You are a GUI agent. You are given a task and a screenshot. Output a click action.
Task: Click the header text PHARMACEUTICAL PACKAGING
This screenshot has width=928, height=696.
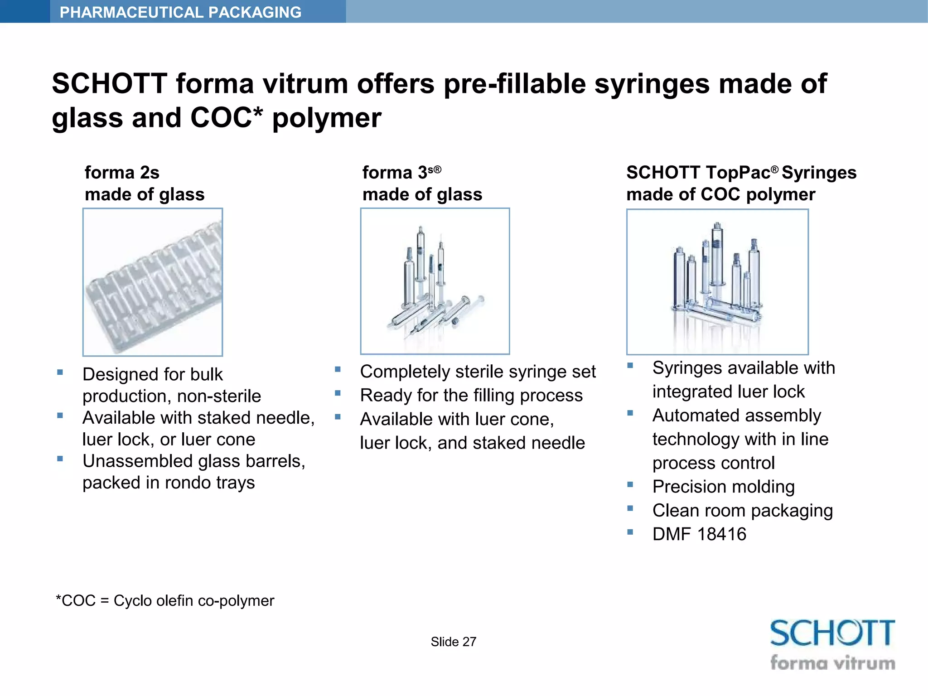[x=180, y=12]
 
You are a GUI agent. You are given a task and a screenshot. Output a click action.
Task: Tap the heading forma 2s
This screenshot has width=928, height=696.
[x=122, y=173]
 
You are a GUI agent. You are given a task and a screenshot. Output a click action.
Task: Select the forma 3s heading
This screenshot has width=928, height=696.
[x=401, y=172]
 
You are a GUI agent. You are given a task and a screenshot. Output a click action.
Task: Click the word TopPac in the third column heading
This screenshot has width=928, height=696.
[x=741, y=173]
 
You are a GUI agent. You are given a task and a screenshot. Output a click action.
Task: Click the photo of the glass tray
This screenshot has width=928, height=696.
[x=153, y=282]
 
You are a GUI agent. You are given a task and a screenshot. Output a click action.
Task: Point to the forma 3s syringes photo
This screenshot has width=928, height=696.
[x=435, y=281]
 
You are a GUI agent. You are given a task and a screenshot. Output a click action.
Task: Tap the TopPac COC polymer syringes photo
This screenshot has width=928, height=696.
[x=717, y=282]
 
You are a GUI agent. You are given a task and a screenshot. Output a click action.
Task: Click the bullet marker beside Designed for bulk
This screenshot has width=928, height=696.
[x=60, y=372]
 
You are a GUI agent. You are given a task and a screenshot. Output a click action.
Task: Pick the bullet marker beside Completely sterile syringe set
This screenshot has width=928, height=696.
[x=338, y=369]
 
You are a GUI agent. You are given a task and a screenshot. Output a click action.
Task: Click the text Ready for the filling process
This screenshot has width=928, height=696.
[x=471, y=395]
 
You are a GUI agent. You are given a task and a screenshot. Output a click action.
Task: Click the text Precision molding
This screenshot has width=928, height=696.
[x=723, y=487]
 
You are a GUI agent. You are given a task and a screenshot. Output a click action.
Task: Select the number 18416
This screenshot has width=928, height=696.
[x=722, y=534]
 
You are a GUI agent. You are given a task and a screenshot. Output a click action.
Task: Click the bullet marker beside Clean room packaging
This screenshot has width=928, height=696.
[x=630, y=508]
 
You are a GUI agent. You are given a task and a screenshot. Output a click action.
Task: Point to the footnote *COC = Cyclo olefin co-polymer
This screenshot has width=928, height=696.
[x=165, y=600]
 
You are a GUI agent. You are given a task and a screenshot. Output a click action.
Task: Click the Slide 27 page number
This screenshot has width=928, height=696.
[x=453, y=642]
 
